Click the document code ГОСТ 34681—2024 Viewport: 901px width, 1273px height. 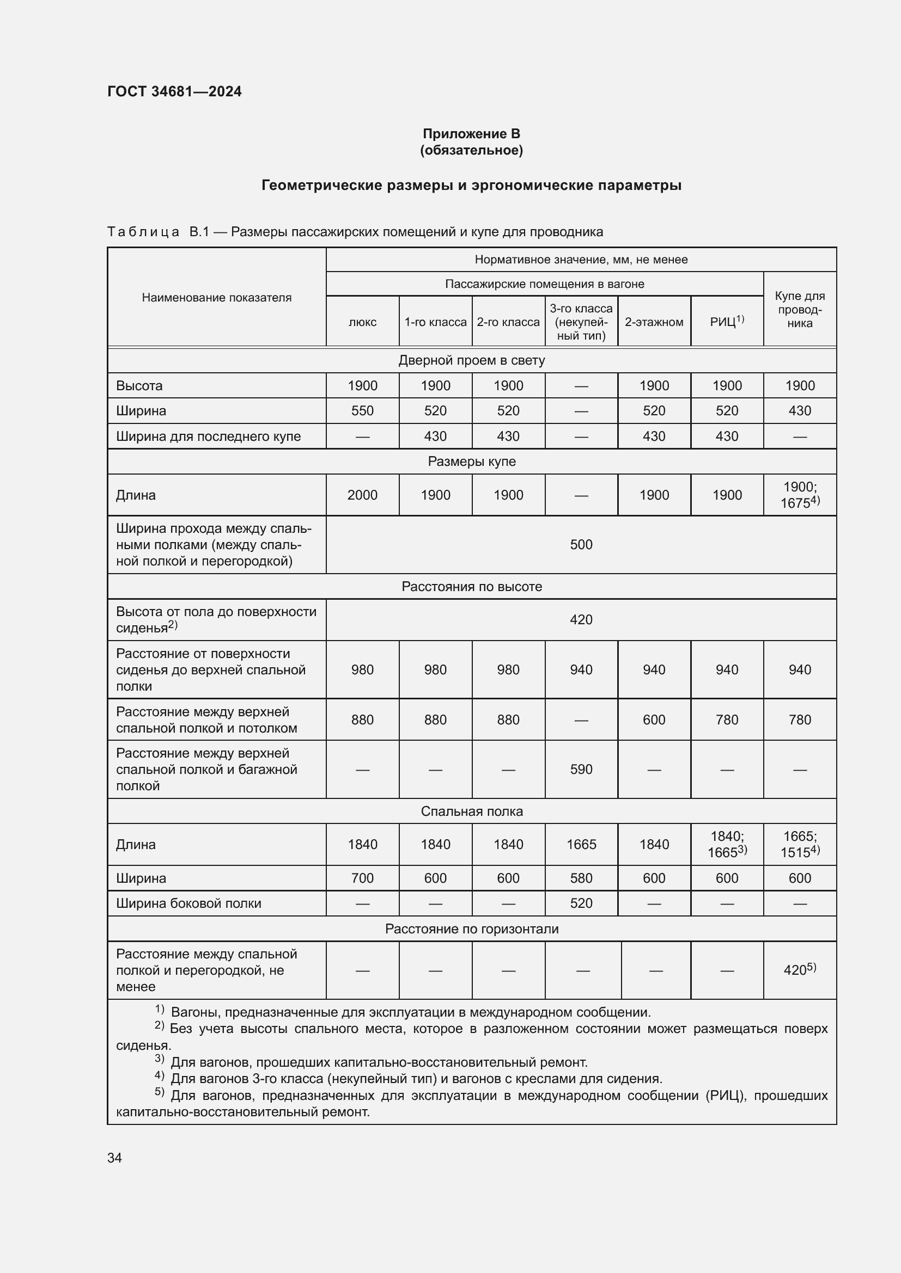pos(174,91)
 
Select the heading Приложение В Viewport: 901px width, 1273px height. pos(471,134)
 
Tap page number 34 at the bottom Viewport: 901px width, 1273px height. pos(115,1158)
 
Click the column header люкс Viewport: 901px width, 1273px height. pos(362,322)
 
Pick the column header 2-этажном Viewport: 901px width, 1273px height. pos(654,322)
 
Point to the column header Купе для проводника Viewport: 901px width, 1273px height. pos(800,309)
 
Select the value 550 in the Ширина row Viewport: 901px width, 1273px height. pos(362,411)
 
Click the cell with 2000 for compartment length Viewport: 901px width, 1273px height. pos(362,495)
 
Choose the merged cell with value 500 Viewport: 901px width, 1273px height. pos(581,544)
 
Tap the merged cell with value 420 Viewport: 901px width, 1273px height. pos(581,619)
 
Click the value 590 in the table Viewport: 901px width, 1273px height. pos(581,769)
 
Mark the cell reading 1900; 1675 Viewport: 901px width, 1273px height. pos(800,495)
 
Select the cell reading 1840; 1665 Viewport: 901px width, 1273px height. pos(727,844)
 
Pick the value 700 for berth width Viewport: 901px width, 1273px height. pos(362,878)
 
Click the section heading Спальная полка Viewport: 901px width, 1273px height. pos(471,811)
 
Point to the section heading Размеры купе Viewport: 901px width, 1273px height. pos(471,462)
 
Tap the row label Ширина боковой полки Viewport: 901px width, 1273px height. pos(188,903)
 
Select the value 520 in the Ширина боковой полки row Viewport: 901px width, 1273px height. pos(581,903)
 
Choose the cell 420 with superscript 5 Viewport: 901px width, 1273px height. pos(800,970)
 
